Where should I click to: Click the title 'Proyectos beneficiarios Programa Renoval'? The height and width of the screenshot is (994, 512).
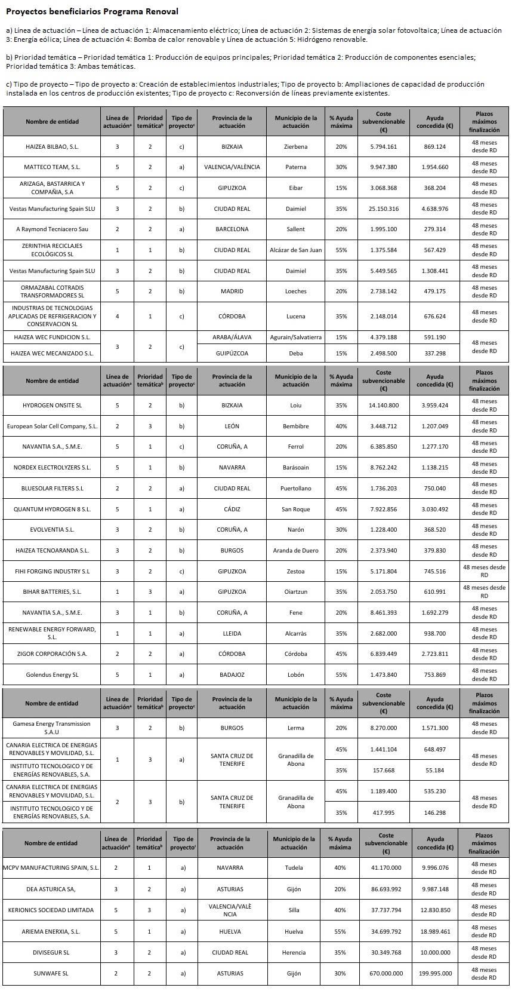click(92, 11)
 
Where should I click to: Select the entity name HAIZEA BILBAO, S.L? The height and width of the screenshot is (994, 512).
click(52, 146)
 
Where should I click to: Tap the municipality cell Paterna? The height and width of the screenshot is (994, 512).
click(295, 167)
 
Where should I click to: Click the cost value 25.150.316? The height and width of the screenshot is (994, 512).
click(383, 208)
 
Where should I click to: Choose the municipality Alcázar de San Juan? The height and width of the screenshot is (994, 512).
click(295, 250)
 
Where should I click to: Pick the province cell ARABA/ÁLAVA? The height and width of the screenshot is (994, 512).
click(232, 337)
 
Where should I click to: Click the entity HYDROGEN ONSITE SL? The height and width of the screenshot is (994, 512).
click(52, 406)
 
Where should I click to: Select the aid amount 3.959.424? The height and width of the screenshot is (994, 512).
click(434, 406)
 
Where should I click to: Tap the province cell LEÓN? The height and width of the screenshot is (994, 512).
click(232, 427)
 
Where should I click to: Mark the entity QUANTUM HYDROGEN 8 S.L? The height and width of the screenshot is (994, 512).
click(52, 509)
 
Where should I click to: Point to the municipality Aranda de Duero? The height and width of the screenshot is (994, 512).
click(295, 551)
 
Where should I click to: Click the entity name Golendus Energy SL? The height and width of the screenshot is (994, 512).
click(52, 675)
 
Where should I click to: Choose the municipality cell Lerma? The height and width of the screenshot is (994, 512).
click(295, 728)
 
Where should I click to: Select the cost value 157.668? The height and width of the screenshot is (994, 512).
click(383, 770)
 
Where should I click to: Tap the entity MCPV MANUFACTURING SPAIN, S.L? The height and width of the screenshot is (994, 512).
click(51, 867)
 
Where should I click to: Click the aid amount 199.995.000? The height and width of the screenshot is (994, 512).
click(434, 973)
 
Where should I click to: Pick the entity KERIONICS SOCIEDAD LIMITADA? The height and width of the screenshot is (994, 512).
click(51, 910)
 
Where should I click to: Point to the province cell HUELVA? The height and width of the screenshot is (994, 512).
click(230, 931)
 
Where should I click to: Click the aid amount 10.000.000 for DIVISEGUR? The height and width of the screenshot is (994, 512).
click(434, 952)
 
